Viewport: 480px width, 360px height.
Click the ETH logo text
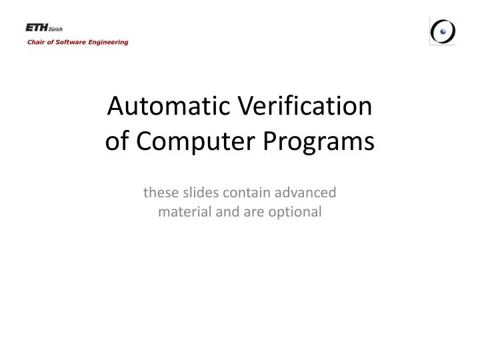point(35,27)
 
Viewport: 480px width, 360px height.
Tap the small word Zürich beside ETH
point(54,29)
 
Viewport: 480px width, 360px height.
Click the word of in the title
point(118,141)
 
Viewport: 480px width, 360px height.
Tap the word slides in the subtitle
point(199,193)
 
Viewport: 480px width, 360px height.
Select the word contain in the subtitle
point(245,193)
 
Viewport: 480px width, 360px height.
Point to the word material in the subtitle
point(183,212)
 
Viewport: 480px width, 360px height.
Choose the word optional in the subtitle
point(297,212)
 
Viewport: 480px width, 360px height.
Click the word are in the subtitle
point(256,212)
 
